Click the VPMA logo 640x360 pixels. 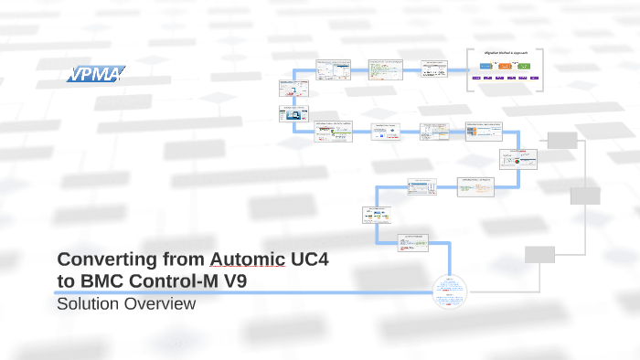tap(94, 73)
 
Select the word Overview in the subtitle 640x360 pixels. tap(163, 303)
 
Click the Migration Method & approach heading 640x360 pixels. tap(506, 54)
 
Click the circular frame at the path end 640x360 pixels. tap(449, 291)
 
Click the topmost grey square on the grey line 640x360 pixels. tap(563, 140)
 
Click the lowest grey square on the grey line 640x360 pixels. tap(539, 254)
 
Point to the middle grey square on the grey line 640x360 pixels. tap(585, 196)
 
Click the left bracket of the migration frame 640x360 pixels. tap(468, 68)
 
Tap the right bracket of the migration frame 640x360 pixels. tap(543, 68)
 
